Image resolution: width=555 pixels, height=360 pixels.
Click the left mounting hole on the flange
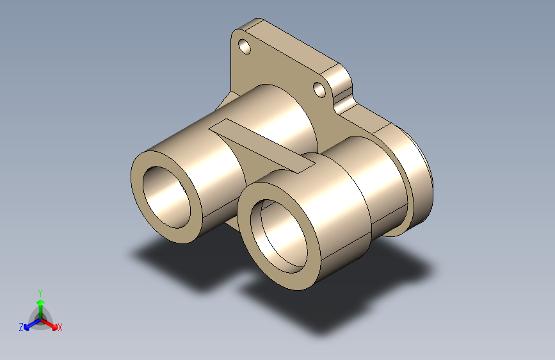[x=244, y=46]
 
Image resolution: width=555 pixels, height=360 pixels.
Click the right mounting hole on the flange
[x=319, y=89]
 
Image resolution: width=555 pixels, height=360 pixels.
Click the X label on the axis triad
[x=60, y=328]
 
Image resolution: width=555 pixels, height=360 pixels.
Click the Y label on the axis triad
[x=40, y=291]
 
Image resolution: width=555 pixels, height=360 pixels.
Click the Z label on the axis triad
[x=21, y=327]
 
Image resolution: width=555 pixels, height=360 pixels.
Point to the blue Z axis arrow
[x=29, y=324]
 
